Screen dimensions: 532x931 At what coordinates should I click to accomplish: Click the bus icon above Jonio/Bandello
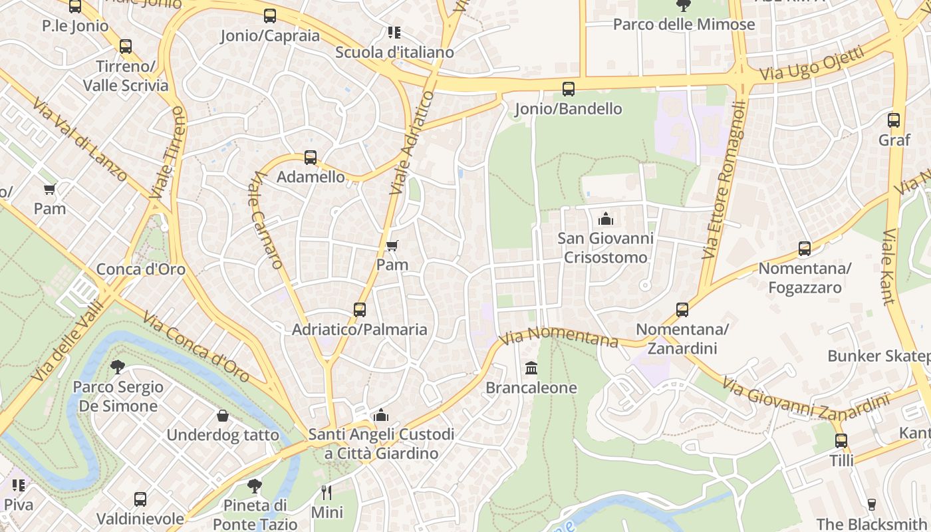568,88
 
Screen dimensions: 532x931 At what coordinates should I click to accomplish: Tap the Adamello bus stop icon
310,158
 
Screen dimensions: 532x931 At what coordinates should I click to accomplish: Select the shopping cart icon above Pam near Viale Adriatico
392,246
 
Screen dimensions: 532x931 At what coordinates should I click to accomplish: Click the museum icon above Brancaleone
531,368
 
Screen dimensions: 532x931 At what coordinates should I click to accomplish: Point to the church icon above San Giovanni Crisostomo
605,218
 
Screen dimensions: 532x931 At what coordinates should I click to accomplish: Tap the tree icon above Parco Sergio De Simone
118,366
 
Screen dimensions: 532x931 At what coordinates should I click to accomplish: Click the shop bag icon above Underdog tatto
222,416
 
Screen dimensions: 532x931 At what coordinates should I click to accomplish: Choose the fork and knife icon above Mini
326,493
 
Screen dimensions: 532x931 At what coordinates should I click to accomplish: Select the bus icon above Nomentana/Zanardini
682,309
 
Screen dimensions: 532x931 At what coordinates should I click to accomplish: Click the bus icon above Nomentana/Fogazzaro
804,249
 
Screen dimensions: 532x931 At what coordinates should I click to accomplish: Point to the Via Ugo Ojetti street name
811,63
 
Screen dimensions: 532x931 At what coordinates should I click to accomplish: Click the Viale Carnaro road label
267,220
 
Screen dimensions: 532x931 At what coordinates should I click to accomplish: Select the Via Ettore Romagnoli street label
724,180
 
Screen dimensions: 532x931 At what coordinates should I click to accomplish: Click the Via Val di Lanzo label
79,141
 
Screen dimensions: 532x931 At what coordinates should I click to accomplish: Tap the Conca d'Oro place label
141,269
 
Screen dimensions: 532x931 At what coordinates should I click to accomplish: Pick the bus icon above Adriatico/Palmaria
359,310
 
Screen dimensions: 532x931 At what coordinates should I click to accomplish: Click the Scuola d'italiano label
394,52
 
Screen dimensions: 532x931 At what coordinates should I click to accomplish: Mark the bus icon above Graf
894,120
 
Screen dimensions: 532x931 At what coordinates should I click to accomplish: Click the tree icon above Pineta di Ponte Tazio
254,486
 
